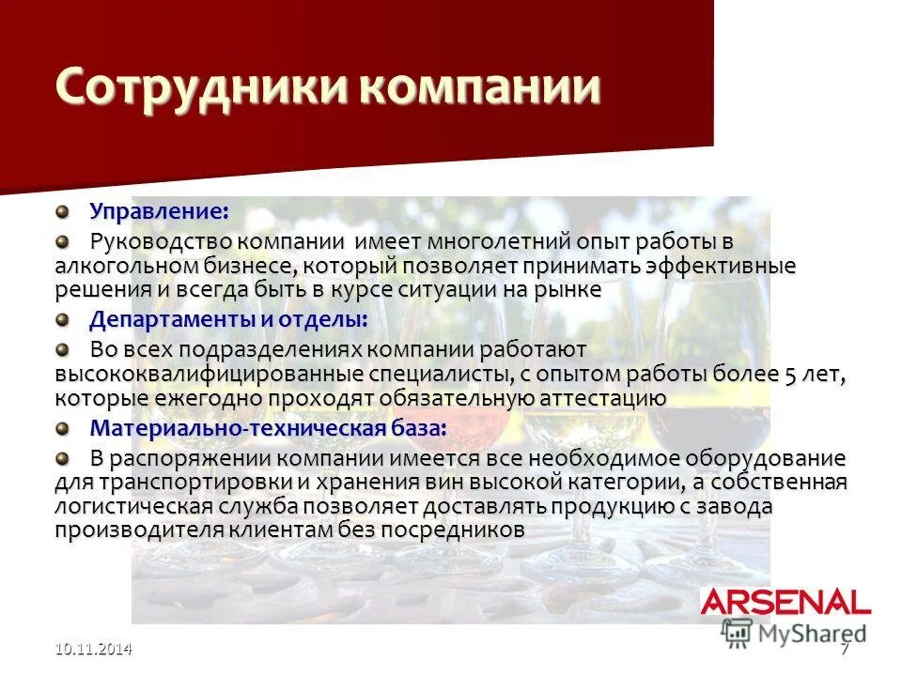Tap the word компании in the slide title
click(x=478, y=87)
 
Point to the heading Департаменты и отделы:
click(x=228, y=319)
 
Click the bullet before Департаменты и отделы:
click(x=61, y=319)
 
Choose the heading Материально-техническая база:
click(x=268, y=428)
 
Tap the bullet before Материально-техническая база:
click(x=61, y=428)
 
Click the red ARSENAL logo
click(x=785, y=602)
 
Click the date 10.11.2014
click(x=92, y=649)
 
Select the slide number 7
click(x=844, y=649)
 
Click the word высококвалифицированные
click(x=209, y=374)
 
